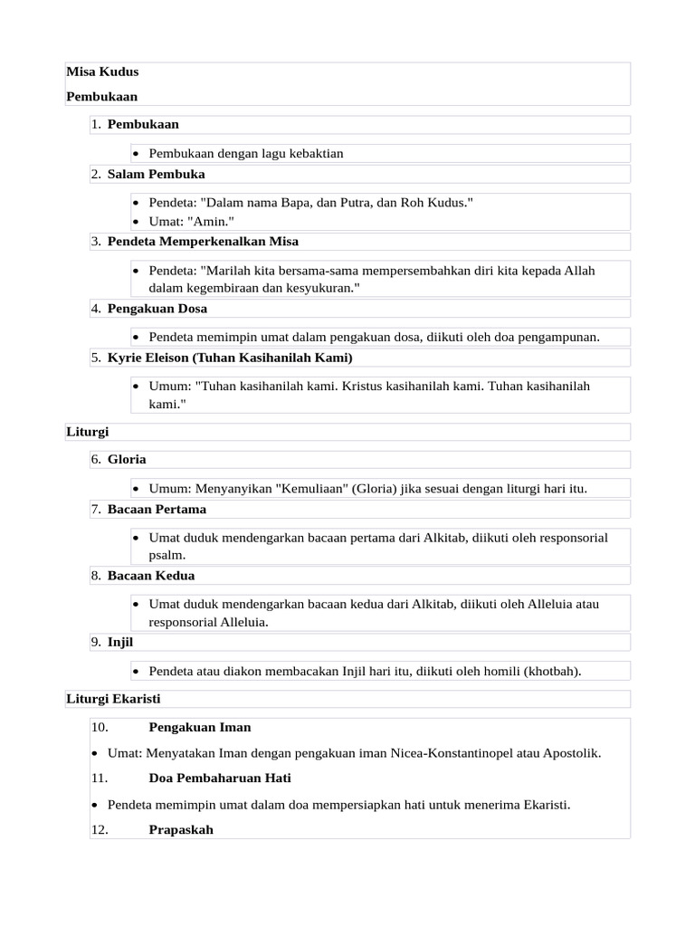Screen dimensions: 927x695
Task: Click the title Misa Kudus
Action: coord(102,72)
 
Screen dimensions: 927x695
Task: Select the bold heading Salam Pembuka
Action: coord(156,174)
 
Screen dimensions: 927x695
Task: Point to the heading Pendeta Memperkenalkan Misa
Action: coord(203,242)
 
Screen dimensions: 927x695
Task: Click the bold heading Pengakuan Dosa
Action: coord(157,309)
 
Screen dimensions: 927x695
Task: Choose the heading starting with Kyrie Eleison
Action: coord(230,358)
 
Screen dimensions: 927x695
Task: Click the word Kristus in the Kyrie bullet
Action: coord(363,387)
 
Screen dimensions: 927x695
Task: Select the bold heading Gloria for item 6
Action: coord(127,460)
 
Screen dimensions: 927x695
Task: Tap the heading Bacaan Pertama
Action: coord(157,510)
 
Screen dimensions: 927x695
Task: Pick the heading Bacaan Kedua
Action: coord(151,576)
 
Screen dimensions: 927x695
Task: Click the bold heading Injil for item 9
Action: coord(120,643)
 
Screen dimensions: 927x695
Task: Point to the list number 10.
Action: coord(100,727)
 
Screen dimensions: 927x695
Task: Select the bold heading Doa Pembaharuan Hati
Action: coord(220,778)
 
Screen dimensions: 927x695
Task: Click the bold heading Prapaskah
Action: coord(181,829)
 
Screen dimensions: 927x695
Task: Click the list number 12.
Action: coord(100,829)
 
